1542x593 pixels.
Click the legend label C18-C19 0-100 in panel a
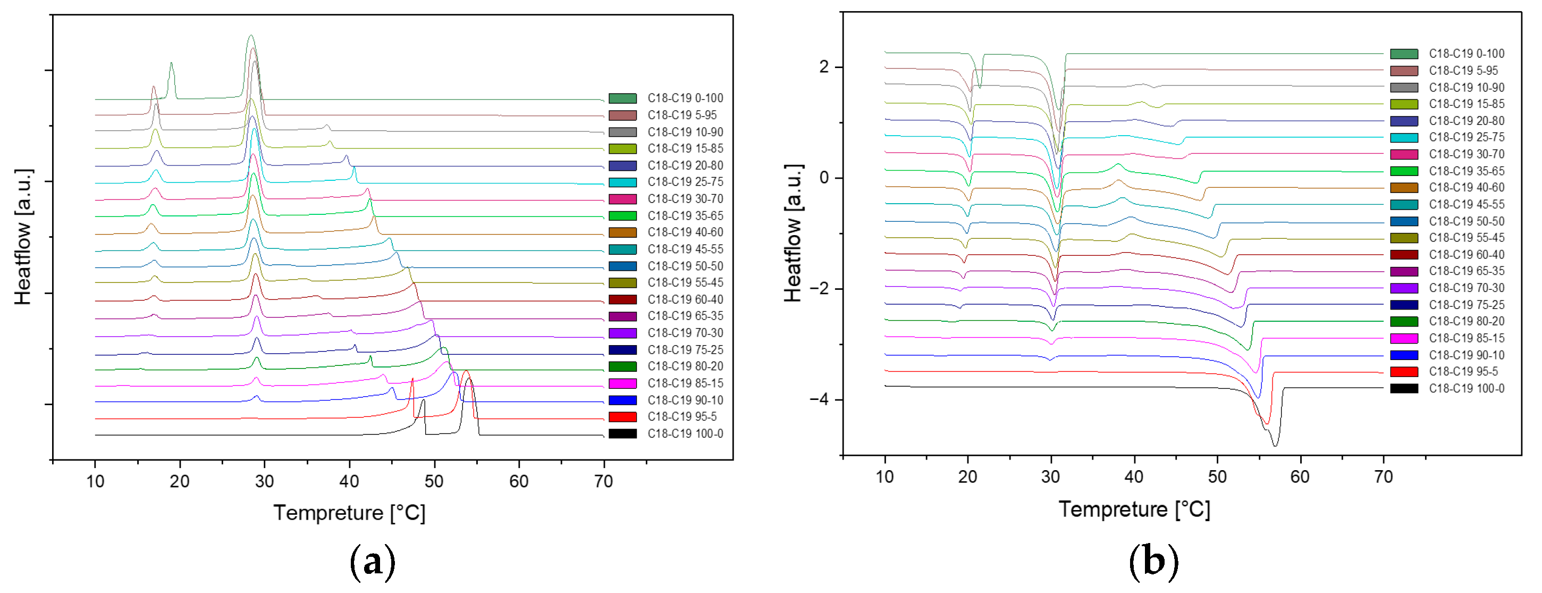tap(685, 98)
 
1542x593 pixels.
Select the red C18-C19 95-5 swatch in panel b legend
tap(1404, 372)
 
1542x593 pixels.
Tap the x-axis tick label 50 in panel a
tap(433, 482)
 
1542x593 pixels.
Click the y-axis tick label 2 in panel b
tap(824, 66)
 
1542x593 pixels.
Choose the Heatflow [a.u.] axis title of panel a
tap(23, 237)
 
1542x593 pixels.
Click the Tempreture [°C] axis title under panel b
tap(1134, 510)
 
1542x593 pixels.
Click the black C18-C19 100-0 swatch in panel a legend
tap(622, 433)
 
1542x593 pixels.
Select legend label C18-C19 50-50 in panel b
tap(1466, 222)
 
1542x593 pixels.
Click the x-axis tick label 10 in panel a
tap(95, 482)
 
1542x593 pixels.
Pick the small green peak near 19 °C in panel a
tap(171, 65)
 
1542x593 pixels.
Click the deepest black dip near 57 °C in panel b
tap(1275, 445)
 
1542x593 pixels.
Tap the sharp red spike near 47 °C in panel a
tap(412, 380)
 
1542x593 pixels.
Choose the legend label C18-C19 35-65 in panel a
tap(685, 215)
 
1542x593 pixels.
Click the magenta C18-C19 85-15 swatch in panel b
tap(1404, 338)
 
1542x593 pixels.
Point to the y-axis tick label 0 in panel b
tap(824, 178)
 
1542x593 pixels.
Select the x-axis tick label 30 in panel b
tap(1050, 478)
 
